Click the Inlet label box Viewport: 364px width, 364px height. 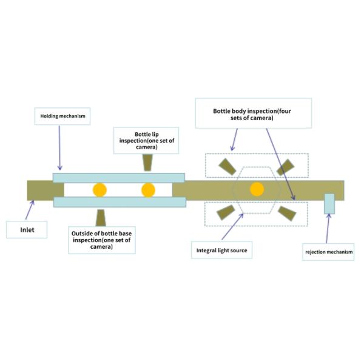pos(26,230)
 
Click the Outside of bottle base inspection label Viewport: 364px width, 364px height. pos(101,237)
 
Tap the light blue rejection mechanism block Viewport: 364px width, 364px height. pos(329,204)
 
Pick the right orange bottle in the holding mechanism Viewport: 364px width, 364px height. pos(148,190)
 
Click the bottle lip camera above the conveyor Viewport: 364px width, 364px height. pos(148,163)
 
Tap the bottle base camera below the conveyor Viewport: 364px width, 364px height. pos(101,217)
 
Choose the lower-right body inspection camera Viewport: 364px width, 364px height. pos(285,212)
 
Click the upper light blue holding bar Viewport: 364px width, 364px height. pos(118,177)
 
